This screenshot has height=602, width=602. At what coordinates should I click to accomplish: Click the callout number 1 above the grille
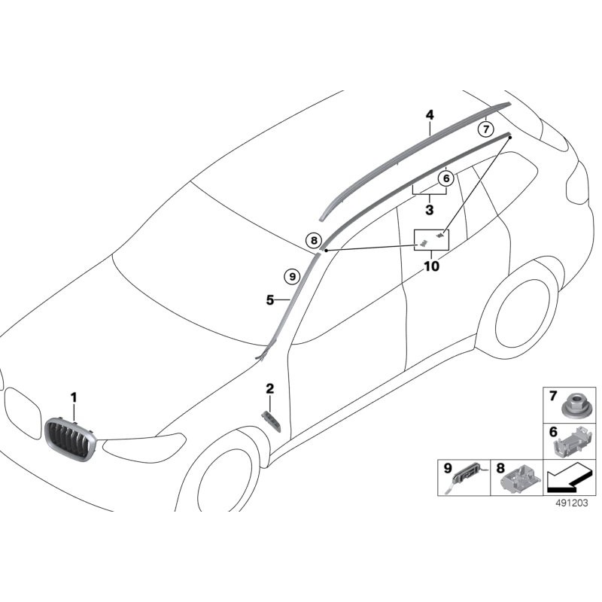click(x=74, y=397)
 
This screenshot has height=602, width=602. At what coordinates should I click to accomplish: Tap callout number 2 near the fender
click(x=269, y=388)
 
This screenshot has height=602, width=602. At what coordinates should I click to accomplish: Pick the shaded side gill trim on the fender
click(x=271, y=421)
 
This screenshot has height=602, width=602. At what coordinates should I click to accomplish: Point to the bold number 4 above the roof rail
click(x=430, y=115)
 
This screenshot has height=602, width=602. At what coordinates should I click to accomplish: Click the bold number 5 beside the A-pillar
click(x=269, y=299)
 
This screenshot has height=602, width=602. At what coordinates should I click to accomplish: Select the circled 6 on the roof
click(x=445, y=178)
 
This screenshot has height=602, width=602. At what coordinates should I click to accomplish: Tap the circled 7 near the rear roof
click(x=486, y=129)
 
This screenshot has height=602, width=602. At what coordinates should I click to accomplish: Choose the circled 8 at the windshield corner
click(x=313, y=241)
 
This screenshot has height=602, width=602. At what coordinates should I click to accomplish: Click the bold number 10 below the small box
click(x=431, y=266)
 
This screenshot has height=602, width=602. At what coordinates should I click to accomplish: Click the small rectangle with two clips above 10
click(x=432, y=239)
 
